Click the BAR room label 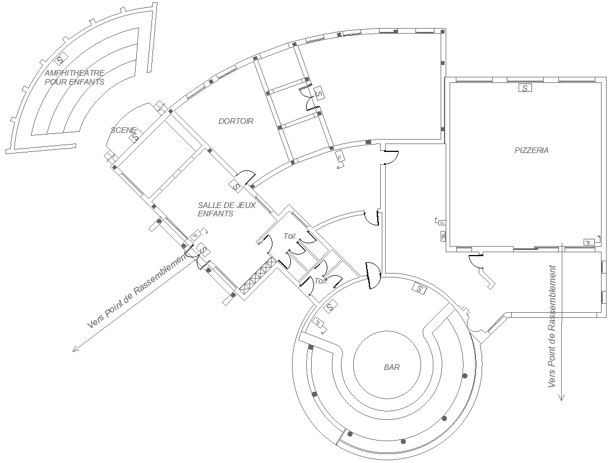(391, 368)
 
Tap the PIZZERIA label (531, 150)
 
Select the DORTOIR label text (235, 121)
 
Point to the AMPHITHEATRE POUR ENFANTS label (75, 77)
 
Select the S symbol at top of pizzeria (525, 88)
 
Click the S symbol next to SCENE (135, 136)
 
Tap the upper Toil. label (290, 237)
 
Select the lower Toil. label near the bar (321, 281)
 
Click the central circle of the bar (386, 367)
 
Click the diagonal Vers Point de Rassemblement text (137, 290)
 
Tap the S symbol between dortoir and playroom (236, 186)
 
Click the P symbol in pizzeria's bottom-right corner (588, 242)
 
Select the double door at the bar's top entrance (371, 275)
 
